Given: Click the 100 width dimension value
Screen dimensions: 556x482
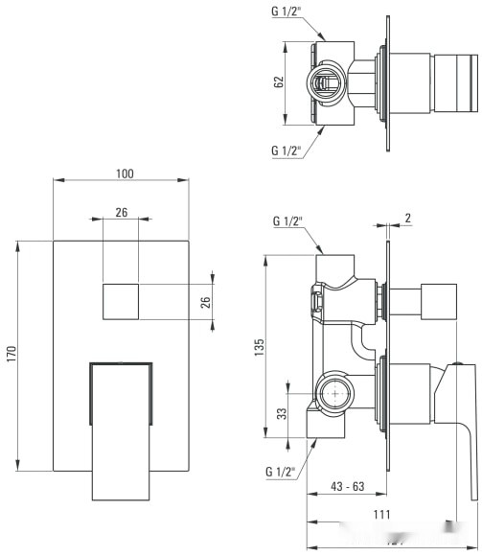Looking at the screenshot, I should click(124, 174).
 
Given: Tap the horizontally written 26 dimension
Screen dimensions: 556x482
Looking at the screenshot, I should click(121, 212).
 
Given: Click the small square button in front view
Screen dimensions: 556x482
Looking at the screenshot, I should click(121, 303).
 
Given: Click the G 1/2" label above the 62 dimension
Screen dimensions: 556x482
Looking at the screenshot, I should click(285, 12).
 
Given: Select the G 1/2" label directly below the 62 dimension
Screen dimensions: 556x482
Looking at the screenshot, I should click(285, 151).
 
